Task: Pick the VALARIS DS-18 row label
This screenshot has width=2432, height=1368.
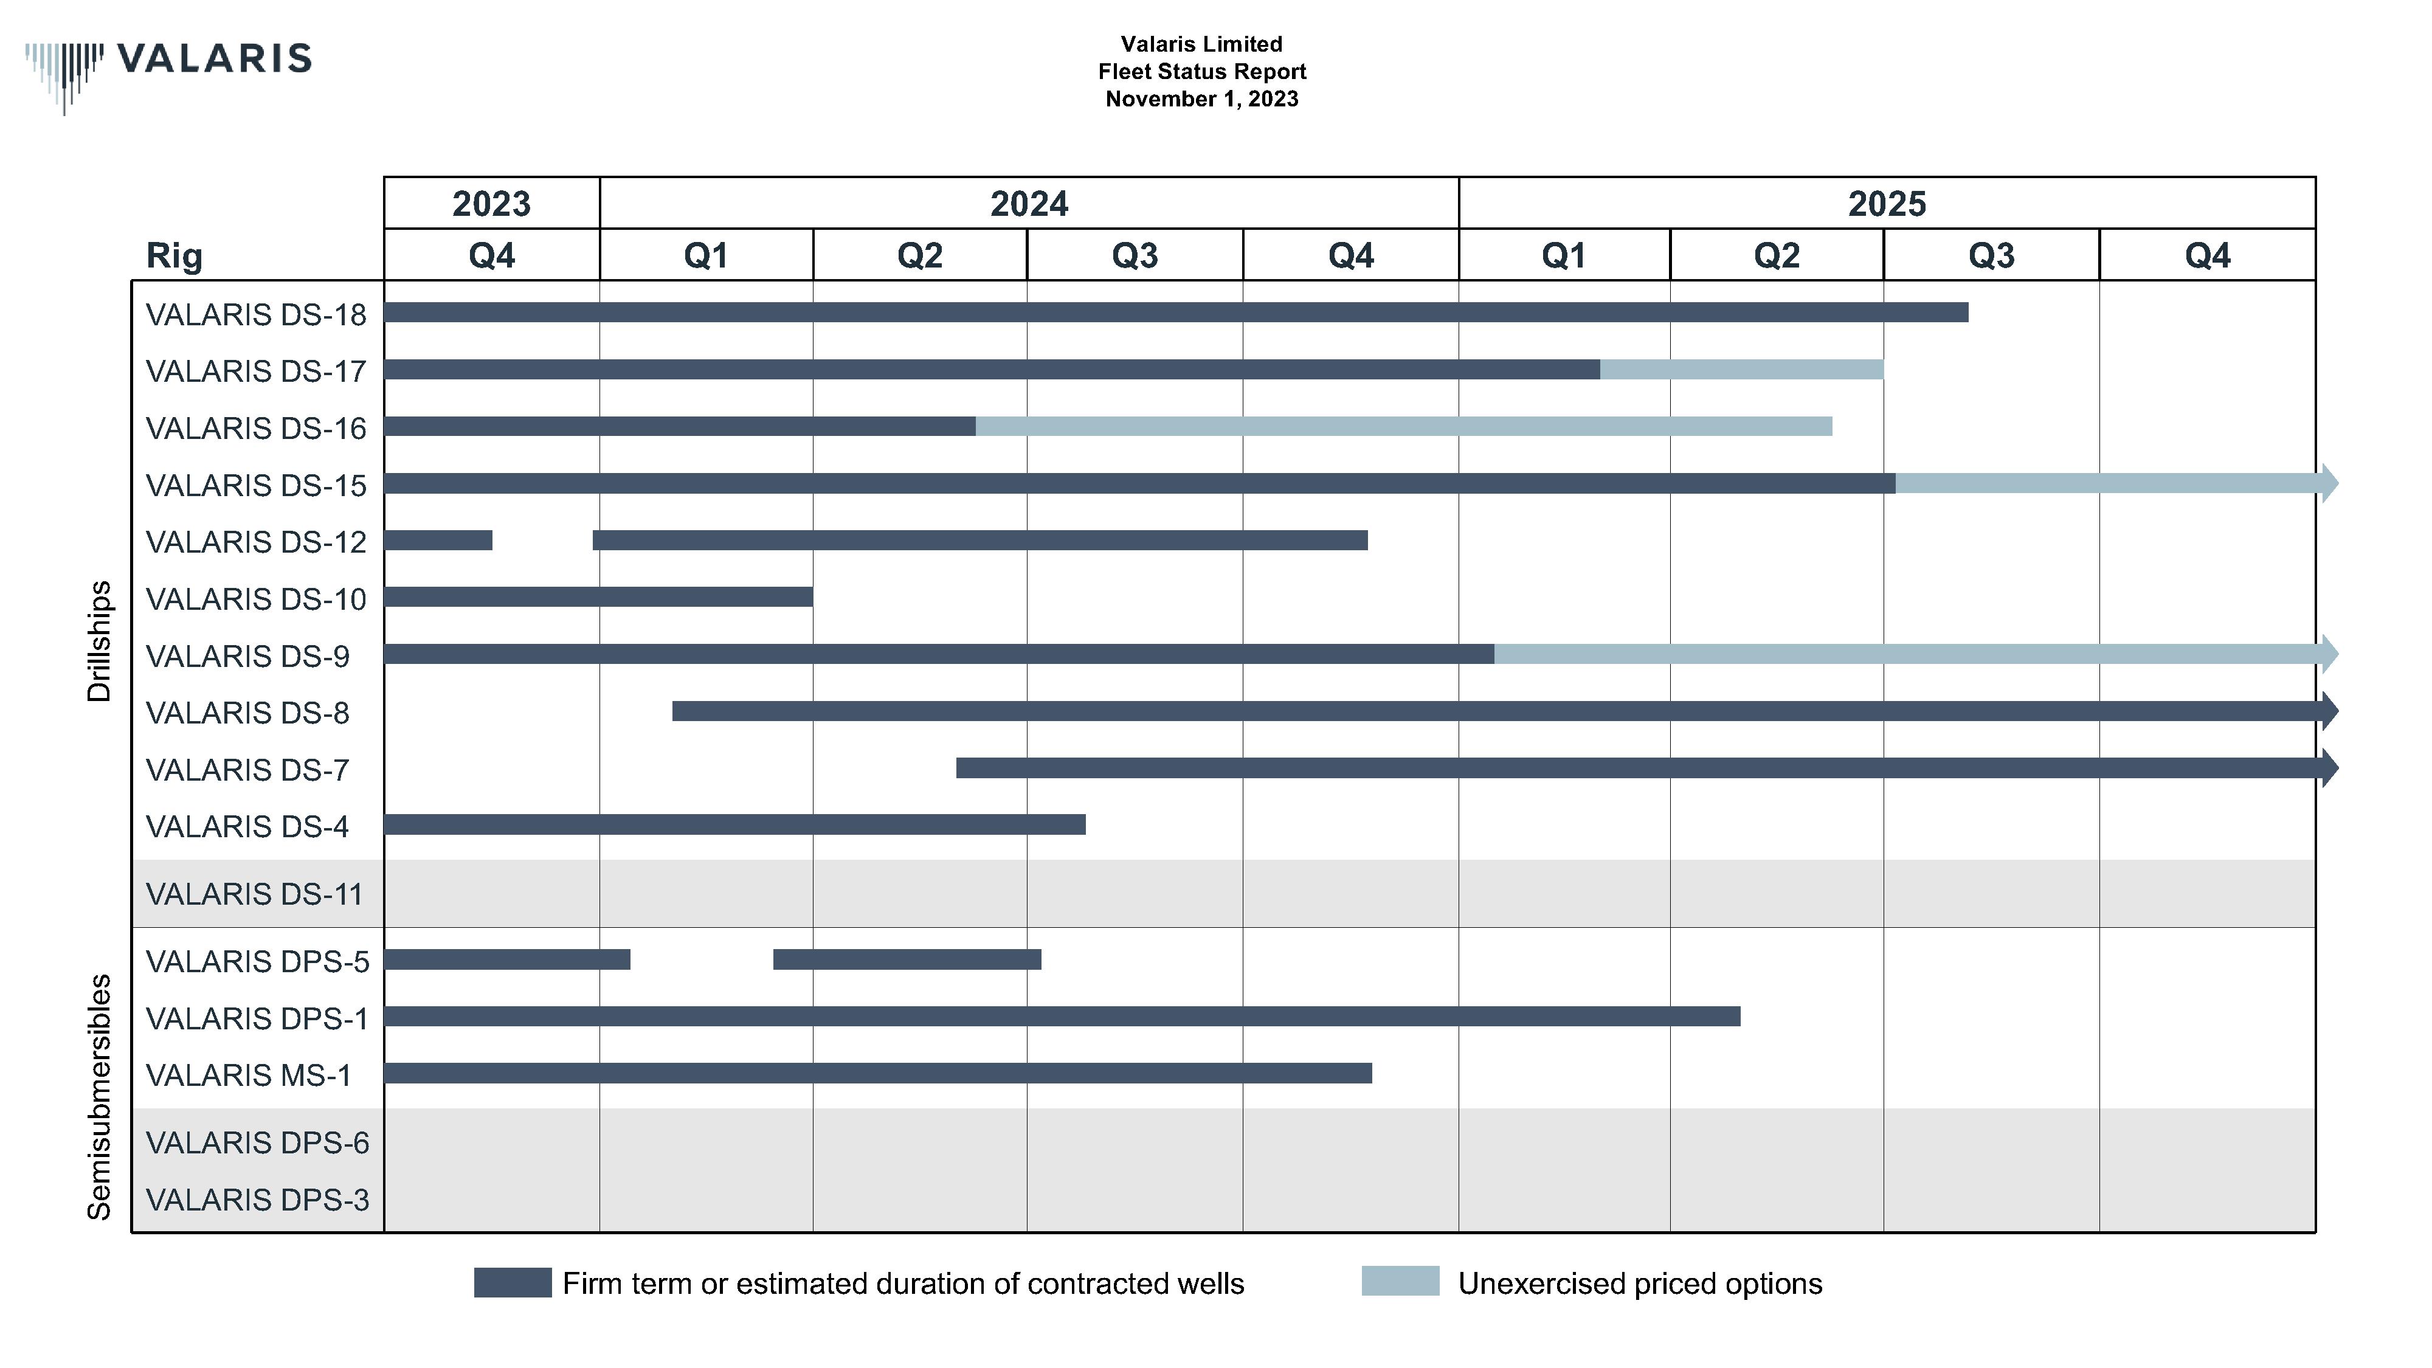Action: click(x=256, y=314)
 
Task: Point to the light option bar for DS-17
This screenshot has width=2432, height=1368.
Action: click(x=1741, y=369)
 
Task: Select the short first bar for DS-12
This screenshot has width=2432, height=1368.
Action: click(x=438, y=540)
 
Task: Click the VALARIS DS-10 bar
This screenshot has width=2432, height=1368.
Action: click(x=598, y=596)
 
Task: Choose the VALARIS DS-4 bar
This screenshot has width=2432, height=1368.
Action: click(x=734, y=824)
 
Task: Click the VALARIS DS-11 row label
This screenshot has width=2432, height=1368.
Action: click(x=254, y=894)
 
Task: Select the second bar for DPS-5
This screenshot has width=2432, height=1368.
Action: click(x=907, y=959)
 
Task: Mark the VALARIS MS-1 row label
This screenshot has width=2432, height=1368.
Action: click(x=248, y=1076)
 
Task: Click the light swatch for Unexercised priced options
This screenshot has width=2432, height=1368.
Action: click(x=1400, y=1281)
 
